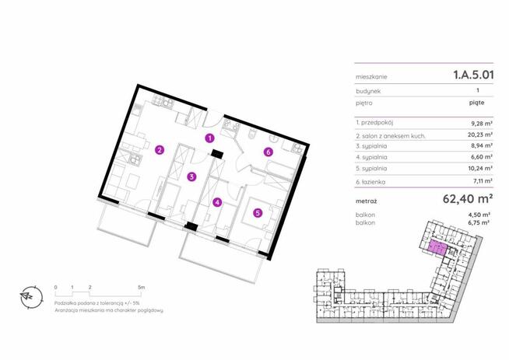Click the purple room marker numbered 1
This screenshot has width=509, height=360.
click(x=210, y=138)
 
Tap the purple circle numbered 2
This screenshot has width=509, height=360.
click(x=160, y=150)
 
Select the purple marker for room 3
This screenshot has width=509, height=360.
click(x=192, y=177)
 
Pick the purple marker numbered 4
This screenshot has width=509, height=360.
click(x=217, y=203)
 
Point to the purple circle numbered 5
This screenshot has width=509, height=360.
click(x=258, y=213)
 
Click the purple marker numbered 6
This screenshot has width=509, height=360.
click(x=268, y=152)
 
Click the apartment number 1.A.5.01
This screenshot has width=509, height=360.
click(x=473, y=75)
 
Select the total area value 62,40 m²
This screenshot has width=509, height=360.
click(x=468, y=198)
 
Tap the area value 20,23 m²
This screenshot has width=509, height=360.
click(x=480, y=135)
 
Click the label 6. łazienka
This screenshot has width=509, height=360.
click(x=370, y=182)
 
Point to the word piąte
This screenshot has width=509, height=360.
click(x=476, y=103)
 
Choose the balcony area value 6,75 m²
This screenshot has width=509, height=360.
click(x=479, y=222)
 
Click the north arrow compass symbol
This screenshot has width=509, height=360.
click(x=31, y=297)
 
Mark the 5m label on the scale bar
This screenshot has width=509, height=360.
click(x=141, y=288)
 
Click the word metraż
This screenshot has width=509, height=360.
click(x=366, y=201)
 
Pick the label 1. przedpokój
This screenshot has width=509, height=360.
click(x=374, y=123)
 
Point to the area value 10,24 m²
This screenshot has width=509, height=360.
click(x=480, y=168)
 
